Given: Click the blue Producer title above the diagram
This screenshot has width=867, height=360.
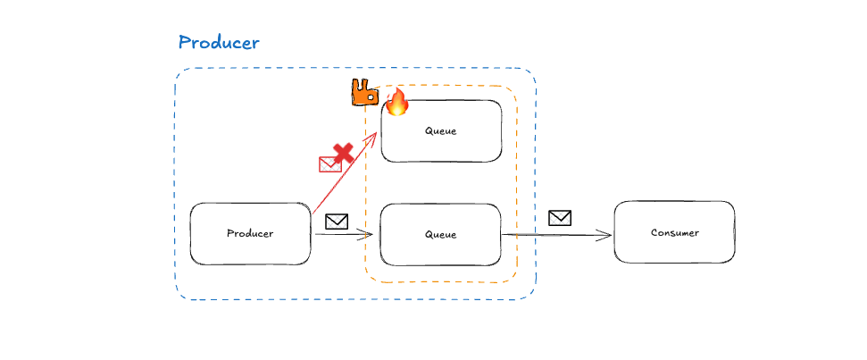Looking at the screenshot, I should pyautogui.click(x=219, y=42).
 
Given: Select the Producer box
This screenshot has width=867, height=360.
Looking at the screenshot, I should pyautogui.click(x=250, y=234).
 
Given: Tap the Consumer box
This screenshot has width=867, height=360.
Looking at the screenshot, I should pyautogui.click(x=674, y=232).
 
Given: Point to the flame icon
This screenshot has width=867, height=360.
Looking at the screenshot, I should pyautogui.click(x=396, y=102).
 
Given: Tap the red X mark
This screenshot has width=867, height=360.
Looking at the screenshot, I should pyautogui.click(x=342, y=153).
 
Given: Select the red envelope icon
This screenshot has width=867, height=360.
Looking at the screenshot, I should pyautogui.click(x=330, y=164).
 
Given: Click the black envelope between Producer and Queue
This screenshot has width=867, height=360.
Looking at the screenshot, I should pyautogui.click(x=337, y=222).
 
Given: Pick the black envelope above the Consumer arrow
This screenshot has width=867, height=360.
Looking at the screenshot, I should pyautogui.click(x=560, y=217).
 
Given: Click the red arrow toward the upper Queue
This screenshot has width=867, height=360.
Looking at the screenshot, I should pyautogui.click(x=344, y=173).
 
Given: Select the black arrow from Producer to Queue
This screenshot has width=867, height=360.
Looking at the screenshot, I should pyautogui.click(x=342, y=235).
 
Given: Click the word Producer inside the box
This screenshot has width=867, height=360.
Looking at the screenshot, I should pyautogui.click(x=250, y=234).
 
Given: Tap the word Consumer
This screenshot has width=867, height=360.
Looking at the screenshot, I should pyautogui.click(x=674, y=233).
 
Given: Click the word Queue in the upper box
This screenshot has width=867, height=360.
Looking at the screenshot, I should pyautogui.click(x=441, y=131).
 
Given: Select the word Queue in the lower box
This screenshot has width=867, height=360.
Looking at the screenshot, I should pyautogui.click(x=441, y=235).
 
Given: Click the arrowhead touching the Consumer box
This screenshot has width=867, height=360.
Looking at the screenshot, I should pyautogui.click(x=606, y=236).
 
